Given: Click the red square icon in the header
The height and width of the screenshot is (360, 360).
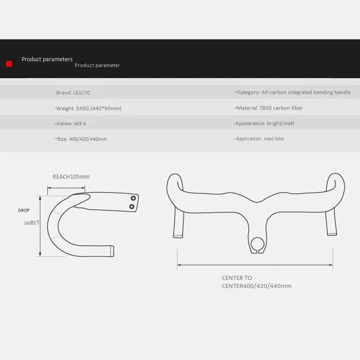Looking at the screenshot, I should coord(9,64).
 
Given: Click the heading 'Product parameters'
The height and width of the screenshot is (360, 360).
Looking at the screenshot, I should coord(47,59).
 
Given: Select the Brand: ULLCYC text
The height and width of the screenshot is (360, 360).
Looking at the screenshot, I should coord(73,93).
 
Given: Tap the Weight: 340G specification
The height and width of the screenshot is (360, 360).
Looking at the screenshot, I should coord(88,108).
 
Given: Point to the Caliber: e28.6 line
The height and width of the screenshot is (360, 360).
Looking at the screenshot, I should coord(72,123).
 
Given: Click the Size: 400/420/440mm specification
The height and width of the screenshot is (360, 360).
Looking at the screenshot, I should coord(81,139).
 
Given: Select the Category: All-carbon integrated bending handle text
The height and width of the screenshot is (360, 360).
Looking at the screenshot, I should coord(292,92).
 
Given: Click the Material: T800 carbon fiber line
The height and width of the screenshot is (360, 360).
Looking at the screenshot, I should coord(269,108).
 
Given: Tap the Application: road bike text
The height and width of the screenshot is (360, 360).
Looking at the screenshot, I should coord(259,139).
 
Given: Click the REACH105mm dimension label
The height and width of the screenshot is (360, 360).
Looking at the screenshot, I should coord(71,176).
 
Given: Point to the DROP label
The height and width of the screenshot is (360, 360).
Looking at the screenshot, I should coord(23,210).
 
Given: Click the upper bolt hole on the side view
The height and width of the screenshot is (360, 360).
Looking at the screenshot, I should coord(133,198).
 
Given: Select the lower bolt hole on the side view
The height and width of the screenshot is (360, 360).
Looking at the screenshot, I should coord(132,207).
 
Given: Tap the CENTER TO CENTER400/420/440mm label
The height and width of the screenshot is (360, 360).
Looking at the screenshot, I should coord(256,282).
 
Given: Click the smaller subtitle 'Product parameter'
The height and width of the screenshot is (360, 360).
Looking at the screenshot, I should coord(97,66).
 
